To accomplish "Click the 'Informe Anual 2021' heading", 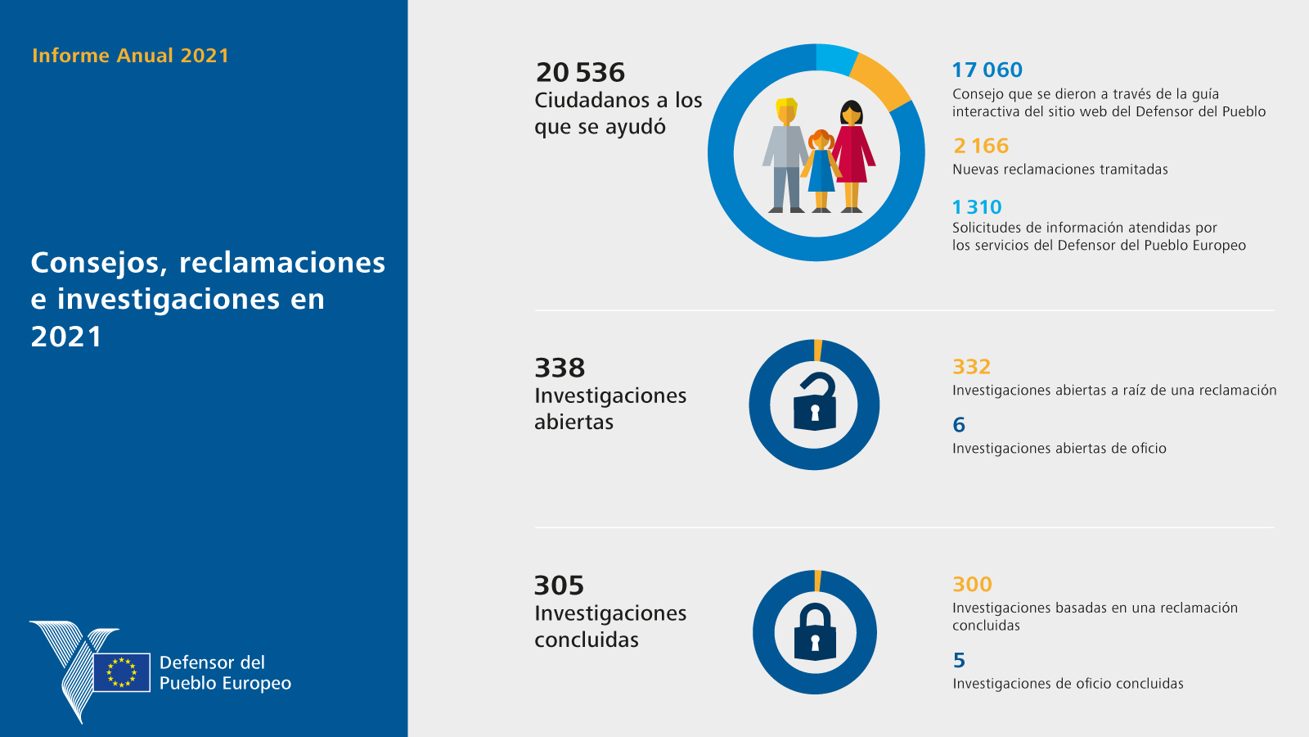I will tap(130, 56).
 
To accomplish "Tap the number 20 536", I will tap(580, 73).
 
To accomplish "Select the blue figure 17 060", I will tap(987, 70).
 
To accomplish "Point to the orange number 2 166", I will tap(981, 146).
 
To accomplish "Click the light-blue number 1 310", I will tap(977, 207).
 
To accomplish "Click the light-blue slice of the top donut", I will tap(835, 58).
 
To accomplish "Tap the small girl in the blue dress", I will tap(821, 170).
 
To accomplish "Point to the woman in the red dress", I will tap(852, 152).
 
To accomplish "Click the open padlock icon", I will tap(815, 403).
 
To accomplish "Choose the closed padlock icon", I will tap(815, 632).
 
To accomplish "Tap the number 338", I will tap(560, 368).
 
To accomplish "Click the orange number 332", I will tap(971, 367).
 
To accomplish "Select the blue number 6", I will tap(959, 425).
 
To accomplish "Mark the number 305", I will tap(559, 586).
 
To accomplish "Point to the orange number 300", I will tap(972, 585).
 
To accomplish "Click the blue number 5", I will tap(959, 660).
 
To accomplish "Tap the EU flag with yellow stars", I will tap(122, 672).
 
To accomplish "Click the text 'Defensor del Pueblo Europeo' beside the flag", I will tap(225, 673).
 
